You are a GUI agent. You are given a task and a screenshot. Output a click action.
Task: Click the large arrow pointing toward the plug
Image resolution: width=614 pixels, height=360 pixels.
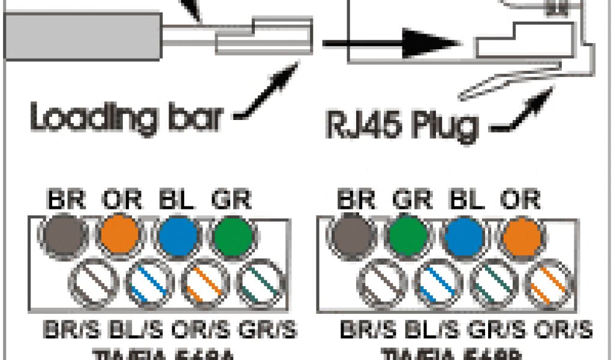point(390,43)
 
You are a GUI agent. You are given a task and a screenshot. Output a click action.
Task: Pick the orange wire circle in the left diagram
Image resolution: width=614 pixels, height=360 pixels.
point(121,234)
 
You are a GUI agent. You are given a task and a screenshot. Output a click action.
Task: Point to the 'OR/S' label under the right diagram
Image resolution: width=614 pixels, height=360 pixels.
point(565,330)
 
